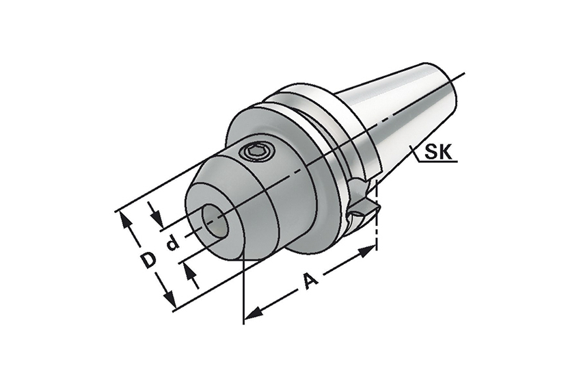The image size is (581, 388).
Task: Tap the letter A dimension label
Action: click(x=310, y=280)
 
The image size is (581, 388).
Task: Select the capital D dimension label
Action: click(x=148, y=259)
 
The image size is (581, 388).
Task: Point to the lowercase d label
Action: click(x=173, y=244)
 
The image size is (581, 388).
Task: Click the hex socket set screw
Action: click(x=257, y=152)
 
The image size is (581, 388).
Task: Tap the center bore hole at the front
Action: click(x=215, y=221)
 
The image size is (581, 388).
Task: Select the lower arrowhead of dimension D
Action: click(x=169, y=298)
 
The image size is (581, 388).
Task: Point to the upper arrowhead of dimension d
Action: click(x=158, y=221)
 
